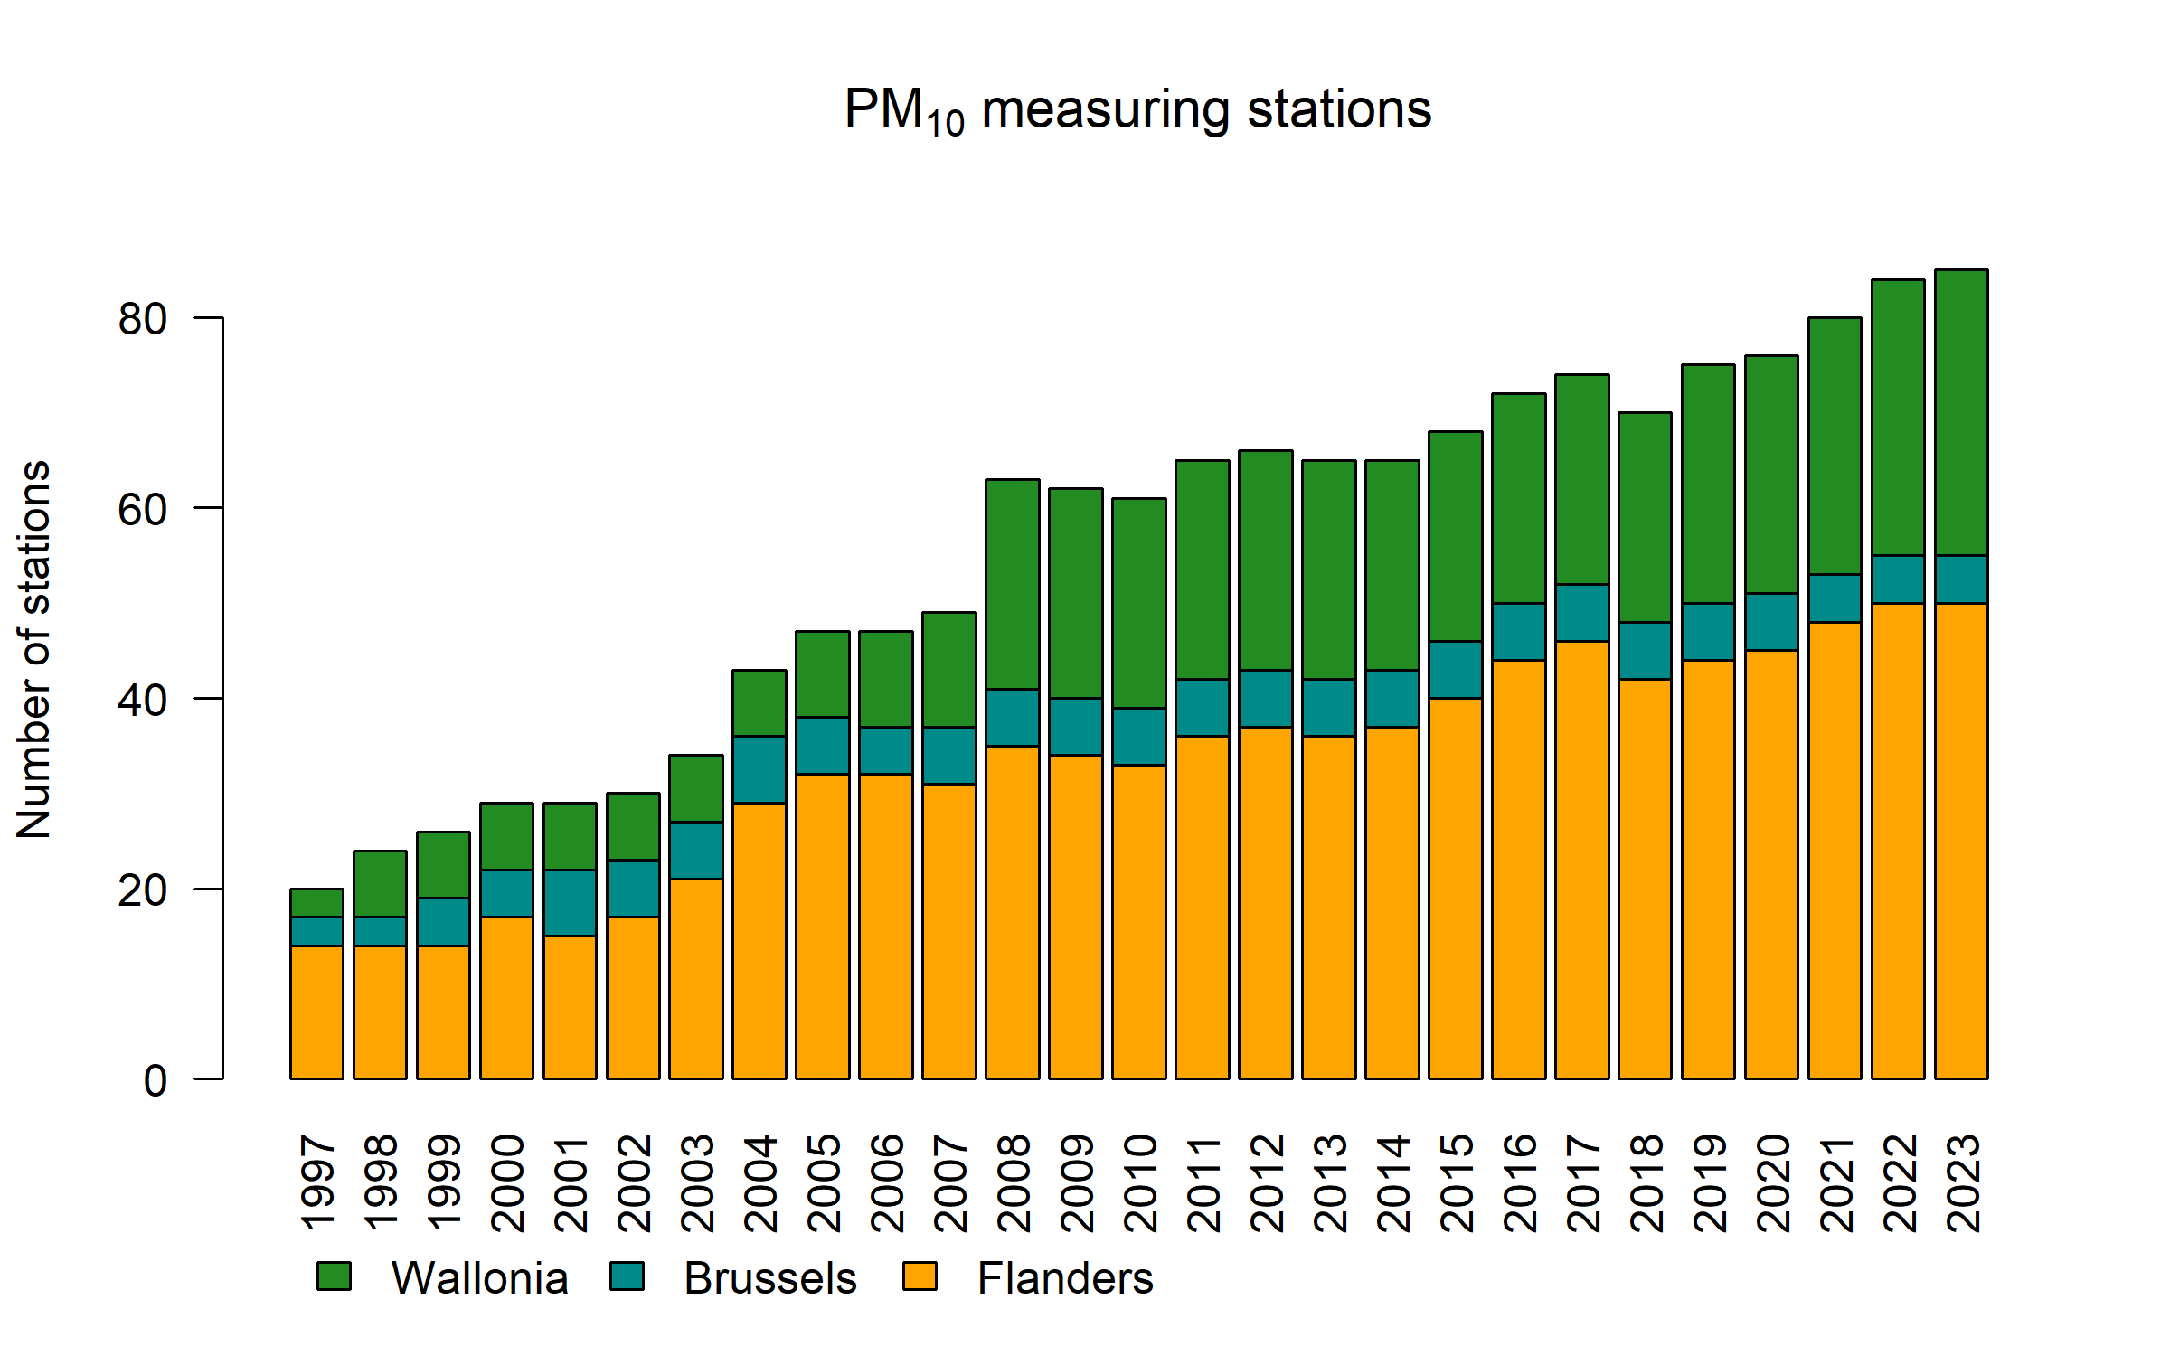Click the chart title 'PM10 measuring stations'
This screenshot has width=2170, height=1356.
[x=1137, y=110]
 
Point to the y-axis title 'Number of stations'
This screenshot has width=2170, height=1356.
[x=34, y=650]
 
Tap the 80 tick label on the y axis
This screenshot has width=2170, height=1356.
[x=143, y=319]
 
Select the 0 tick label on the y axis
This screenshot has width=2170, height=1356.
[x=156, y=1081]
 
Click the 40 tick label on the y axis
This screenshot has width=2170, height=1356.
[x=143, y=701]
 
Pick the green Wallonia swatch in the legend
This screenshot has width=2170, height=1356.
[x=334, y=1276]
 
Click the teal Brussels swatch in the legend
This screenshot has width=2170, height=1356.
[x=627, y=1276]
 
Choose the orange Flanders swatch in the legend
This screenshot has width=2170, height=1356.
[x=920, y=1276]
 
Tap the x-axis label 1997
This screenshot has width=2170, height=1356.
[x=318, y=1183]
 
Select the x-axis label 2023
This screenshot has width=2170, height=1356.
[x=1963, y=1183]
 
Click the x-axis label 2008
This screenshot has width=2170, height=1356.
[x=1014, y=1183]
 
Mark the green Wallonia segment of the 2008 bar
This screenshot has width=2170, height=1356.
[x=1013, y=584]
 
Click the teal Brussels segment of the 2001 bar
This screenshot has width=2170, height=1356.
[x=570, y=902]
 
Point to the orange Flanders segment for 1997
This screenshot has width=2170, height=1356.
[x=316, y=1012]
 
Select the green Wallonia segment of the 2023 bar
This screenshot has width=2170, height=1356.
[x=1961, y=412]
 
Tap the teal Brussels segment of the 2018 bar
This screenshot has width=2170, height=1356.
[x=1645, y=651]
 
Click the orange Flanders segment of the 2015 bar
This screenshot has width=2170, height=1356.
[x=1455, y=889]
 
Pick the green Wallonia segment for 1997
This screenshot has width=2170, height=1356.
[x=316, y=903]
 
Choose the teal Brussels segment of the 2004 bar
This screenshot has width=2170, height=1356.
[x=759, y=769]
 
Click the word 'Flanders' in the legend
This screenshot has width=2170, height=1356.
[x=1065, y=1278]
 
